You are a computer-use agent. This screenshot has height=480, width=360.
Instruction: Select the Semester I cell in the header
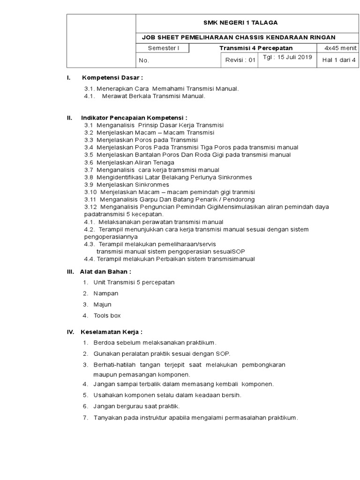(x=163, y=48)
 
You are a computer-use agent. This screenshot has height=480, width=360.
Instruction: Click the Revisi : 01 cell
(x=240, y=60)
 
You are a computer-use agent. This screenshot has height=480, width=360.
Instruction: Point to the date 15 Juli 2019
(x=287, y=58)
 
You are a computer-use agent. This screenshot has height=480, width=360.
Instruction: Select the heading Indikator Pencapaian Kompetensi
(x=134, y=118)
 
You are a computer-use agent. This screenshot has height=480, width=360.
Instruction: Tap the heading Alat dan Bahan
(x=106, y=271)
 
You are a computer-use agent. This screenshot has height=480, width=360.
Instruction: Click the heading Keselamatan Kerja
(x=112, y=332)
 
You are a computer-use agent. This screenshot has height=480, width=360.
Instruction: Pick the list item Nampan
(x=106, y=293)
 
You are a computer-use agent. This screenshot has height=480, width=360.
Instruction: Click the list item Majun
(x=102, y=305)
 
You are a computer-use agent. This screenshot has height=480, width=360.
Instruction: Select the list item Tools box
(x=107, y=316)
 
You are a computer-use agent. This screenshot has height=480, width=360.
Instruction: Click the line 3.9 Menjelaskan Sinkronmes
(x=127, y=185)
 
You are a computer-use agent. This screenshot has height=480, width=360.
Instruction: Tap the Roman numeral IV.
(x=71, y=332)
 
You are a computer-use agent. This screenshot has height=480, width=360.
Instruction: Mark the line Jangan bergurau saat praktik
(x=136, y=406)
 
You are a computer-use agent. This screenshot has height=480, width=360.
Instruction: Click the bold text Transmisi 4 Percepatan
(x=256, y=48)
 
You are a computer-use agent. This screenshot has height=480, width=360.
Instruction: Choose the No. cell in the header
(x=143, y=60)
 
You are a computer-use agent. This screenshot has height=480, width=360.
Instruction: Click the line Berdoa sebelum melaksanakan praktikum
(x=155, y=343)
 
